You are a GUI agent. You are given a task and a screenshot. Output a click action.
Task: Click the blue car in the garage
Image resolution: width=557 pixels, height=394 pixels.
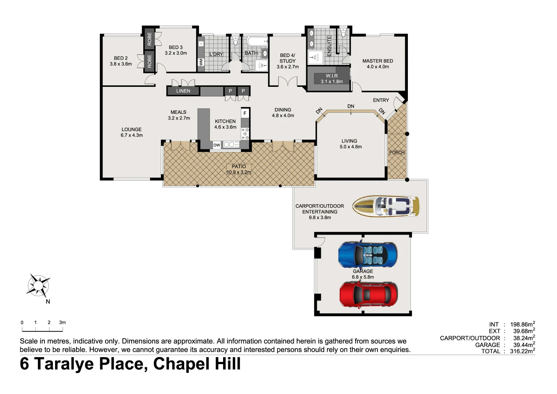367,255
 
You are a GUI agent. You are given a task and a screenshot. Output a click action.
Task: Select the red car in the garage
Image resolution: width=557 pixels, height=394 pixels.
368,294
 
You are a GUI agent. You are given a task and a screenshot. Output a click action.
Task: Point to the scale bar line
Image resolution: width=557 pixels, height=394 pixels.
42,331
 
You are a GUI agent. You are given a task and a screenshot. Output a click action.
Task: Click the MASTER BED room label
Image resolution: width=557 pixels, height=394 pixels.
378,61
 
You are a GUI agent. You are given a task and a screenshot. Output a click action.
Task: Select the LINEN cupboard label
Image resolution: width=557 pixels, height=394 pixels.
183,91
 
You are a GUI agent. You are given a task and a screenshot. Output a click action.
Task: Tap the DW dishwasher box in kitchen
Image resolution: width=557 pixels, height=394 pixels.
217,145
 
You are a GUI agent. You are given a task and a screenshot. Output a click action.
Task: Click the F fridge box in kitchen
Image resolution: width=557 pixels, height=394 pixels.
245,113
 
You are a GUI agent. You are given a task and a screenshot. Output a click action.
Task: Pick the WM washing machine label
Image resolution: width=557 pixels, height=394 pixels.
201,62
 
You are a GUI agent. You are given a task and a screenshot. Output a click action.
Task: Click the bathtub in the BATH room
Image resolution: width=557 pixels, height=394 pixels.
257,41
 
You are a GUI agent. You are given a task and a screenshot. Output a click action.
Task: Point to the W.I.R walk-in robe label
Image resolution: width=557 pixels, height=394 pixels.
331,76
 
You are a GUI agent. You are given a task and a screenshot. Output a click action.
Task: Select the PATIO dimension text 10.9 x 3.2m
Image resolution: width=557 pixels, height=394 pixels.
239,172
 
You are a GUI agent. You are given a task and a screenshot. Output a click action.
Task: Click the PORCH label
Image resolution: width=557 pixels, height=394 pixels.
397,152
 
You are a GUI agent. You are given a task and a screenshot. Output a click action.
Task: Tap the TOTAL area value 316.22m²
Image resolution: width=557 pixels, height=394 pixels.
522,351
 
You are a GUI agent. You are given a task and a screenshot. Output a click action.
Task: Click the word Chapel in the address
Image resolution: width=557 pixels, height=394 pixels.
180,364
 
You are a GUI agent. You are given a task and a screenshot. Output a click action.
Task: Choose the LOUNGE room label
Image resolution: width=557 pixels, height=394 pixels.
132,130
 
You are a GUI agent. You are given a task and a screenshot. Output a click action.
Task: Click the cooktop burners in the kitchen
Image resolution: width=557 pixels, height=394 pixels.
245,134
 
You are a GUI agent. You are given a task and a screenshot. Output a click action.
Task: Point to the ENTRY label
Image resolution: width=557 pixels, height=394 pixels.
381,100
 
